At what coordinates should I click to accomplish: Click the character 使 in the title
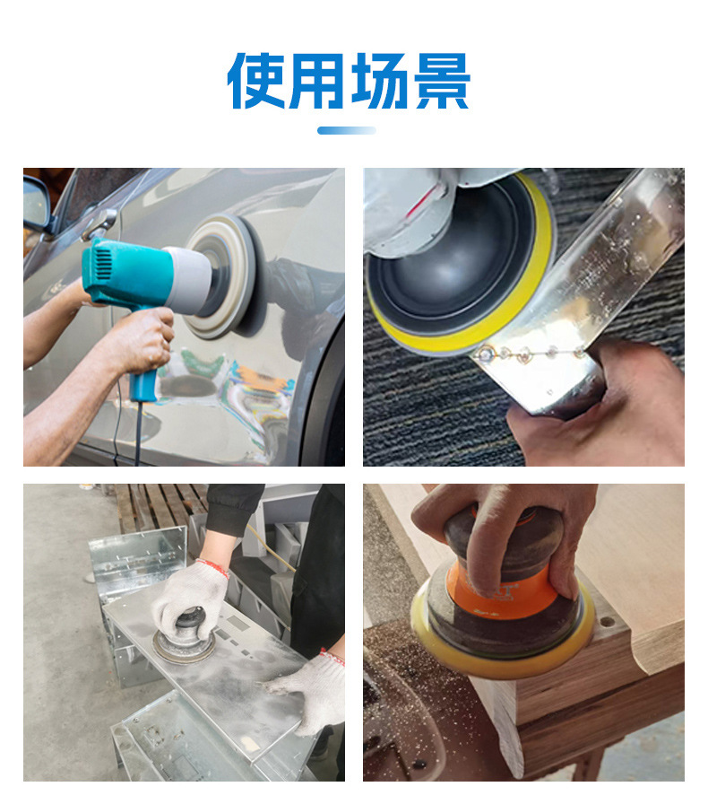pos(256,81)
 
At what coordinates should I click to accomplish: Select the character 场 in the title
pos(379,81)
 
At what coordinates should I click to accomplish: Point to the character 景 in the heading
pos(442,81)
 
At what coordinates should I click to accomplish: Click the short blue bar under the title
pos(346,130)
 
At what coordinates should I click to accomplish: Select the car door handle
pos(99,223)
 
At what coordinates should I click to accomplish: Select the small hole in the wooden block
pos(608,623)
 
